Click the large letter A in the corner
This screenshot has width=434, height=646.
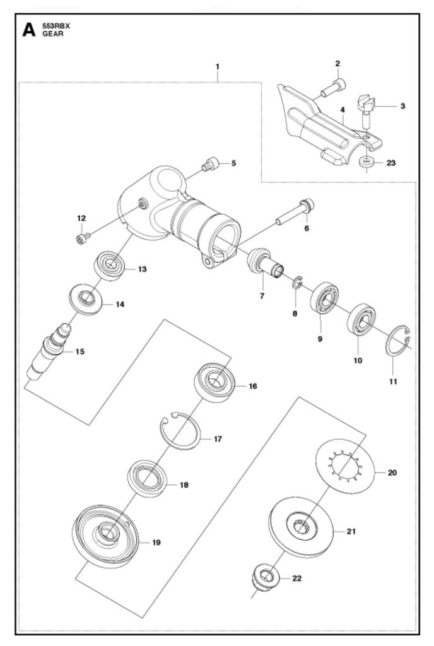point(29,30)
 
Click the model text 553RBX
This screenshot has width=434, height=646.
point(56,26)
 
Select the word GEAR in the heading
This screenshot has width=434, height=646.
point(53,34)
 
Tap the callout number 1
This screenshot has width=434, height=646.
point(218,66)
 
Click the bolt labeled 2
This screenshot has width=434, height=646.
point(333,88)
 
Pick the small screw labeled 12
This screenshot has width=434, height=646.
point(82,238)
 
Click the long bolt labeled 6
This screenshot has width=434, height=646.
point(295,213)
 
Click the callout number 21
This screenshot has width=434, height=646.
point(351,531)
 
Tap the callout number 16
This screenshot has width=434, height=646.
point(253,386)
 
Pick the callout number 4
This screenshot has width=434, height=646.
point(342,110)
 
